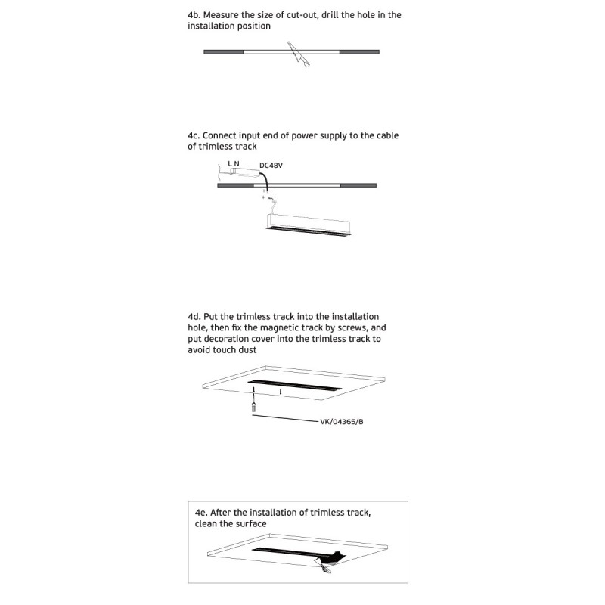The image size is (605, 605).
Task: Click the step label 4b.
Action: coord(194,15)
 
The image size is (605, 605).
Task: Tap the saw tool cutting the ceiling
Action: coord(298,54)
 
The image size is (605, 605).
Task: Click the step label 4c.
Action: coord(194,135)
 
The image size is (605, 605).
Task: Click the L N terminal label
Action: coord(234,163)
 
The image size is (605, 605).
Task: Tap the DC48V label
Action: coord(271,166)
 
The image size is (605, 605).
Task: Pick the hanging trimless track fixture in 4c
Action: coord(309,225)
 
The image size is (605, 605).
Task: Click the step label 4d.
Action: coord(194,317)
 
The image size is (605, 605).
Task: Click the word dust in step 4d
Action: coord(247,350)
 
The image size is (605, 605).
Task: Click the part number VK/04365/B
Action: coord(342,422)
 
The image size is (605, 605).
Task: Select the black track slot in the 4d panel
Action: coord(295,385)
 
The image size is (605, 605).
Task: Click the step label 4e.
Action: coord(201,513)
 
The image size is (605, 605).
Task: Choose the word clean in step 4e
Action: coord(203,524)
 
